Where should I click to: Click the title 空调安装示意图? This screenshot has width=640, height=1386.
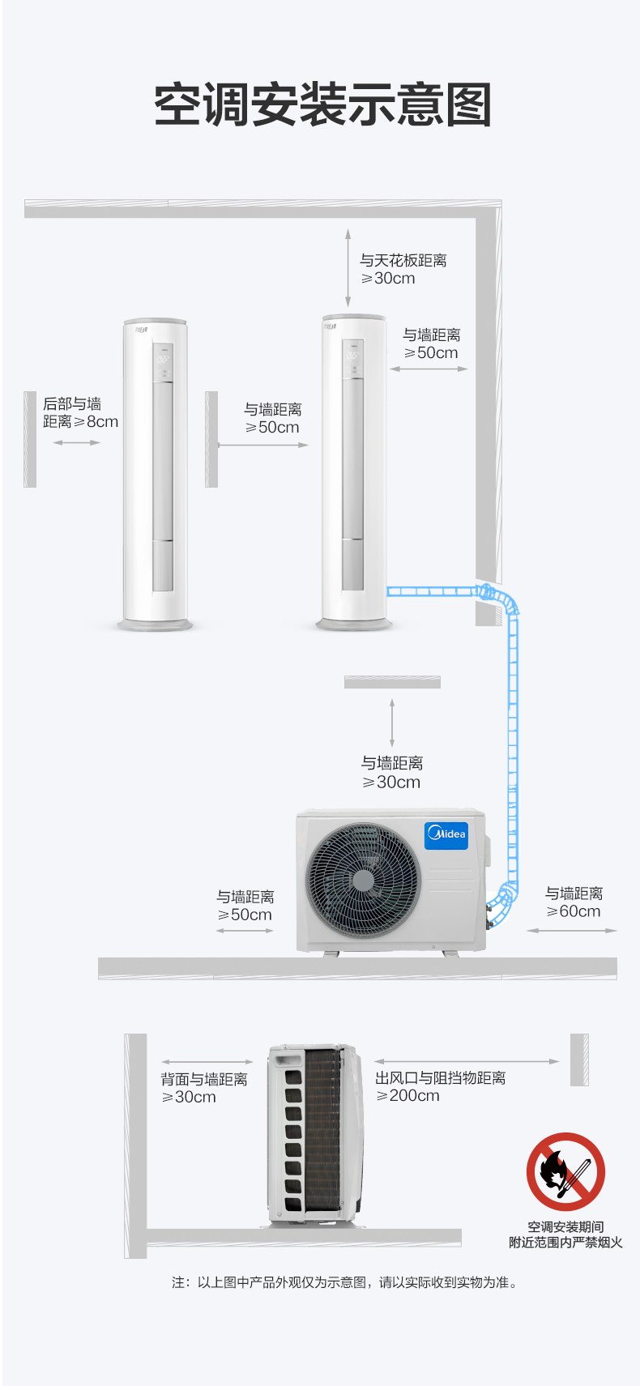pyautogui.click(x=322, y=105)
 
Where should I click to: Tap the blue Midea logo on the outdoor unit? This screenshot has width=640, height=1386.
pyautogui.click(x=446, y=834)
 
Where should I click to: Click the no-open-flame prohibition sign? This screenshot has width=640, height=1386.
pyautogui.click(x=565, y=1171)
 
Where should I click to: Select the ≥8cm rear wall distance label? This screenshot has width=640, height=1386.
pyautogui.click(x=80, y=412)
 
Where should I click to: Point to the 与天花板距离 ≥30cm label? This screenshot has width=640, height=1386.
pyautogui.click(x=403, y=269)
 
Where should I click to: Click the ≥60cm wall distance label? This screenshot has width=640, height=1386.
pyautogui.click(x=574, y=902)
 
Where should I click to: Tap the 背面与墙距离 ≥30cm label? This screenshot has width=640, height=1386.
pyautogui.click(x=203, y=1088)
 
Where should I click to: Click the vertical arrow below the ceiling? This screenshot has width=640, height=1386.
pyautogui.click(x=348, y=267)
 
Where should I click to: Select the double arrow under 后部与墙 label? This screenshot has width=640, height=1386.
pyautogui.click(x=77, y=442)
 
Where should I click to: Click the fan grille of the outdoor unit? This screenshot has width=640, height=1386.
pyautogui.click(x=363, y=881)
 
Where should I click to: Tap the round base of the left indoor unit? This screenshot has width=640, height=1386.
pyautogui.click(x=156, y=625)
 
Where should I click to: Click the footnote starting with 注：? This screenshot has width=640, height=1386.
pyautogui.click(x=344, y=1282)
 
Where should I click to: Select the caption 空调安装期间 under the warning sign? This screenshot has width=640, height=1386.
pyautogui.click(x=565, y=1227)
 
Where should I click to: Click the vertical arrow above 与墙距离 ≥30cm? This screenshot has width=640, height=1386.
pyautogui.click(x=392, y=723)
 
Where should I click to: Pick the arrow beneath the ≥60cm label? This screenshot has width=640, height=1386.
pyautogui.click(x=572, y=931)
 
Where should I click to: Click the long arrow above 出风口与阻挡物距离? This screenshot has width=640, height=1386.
pyautogui.click(x=467, y=1061)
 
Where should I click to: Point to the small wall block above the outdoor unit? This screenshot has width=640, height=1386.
pyautogui.click(x=392, y=682)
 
